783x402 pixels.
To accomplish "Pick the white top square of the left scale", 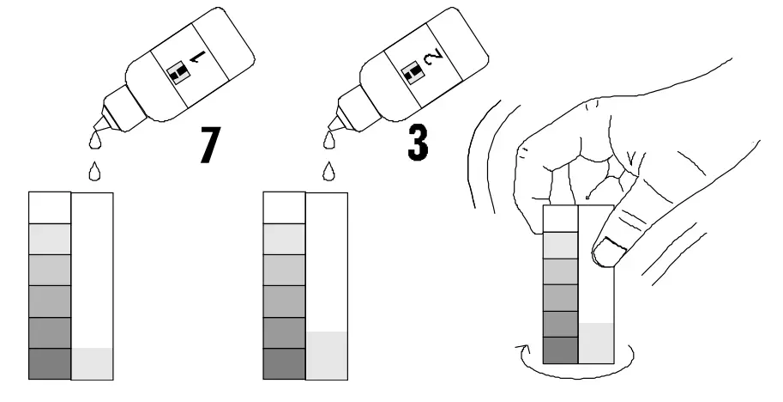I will (x=49, y=208).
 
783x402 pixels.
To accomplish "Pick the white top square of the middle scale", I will (x=284, y=208).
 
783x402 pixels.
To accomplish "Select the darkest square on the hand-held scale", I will (x=562, y=350).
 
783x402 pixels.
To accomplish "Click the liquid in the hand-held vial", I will (x=597, y=344).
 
